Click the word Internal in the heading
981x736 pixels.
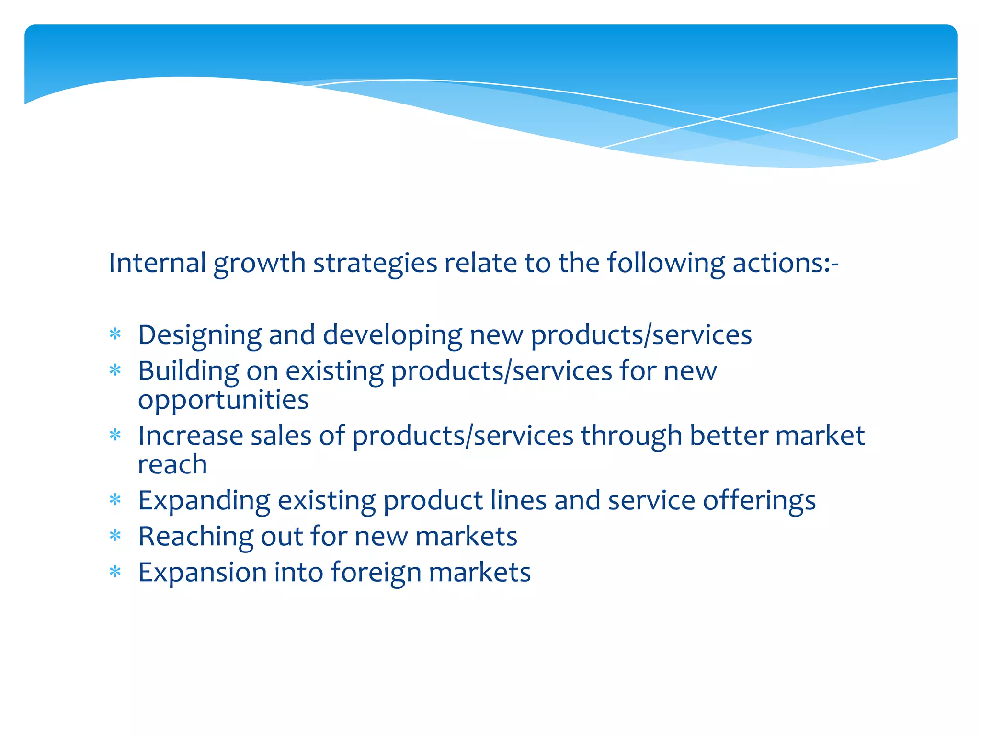(x=157, y=263)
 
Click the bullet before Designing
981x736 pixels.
(x=115, y=334)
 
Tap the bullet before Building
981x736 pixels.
(x=115, y=370)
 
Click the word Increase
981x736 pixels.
(x=190, y=436)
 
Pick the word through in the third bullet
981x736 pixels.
(x=631, y=437)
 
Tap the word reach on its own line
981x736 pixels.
(x=172, y=464)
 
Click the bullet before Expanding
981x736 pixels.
(x=115, y=500)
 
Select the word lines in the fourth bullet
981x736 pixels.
(x=518, y=500)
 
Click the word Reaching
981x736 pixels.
(x=195, y=537)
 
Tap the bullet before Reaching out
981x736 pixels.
(x=115, y=536)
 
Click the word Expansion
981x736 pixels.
(x=202, y=573)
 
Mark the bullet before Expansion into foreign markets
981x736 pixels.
(x=115, y=572)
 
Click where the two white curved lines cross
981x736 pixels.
(x=717, y=118)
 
